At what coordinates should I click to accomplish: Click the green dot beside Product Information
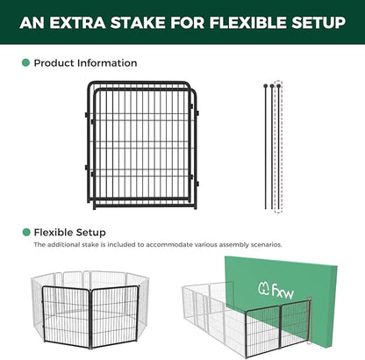coord(25,63)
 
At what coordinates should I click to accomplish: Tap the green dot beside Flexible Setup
coord(25,232)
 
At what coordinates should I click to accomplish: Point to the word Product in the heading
coord(56,63)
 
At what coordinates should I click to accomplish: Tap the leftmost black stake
coord(264,145)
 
